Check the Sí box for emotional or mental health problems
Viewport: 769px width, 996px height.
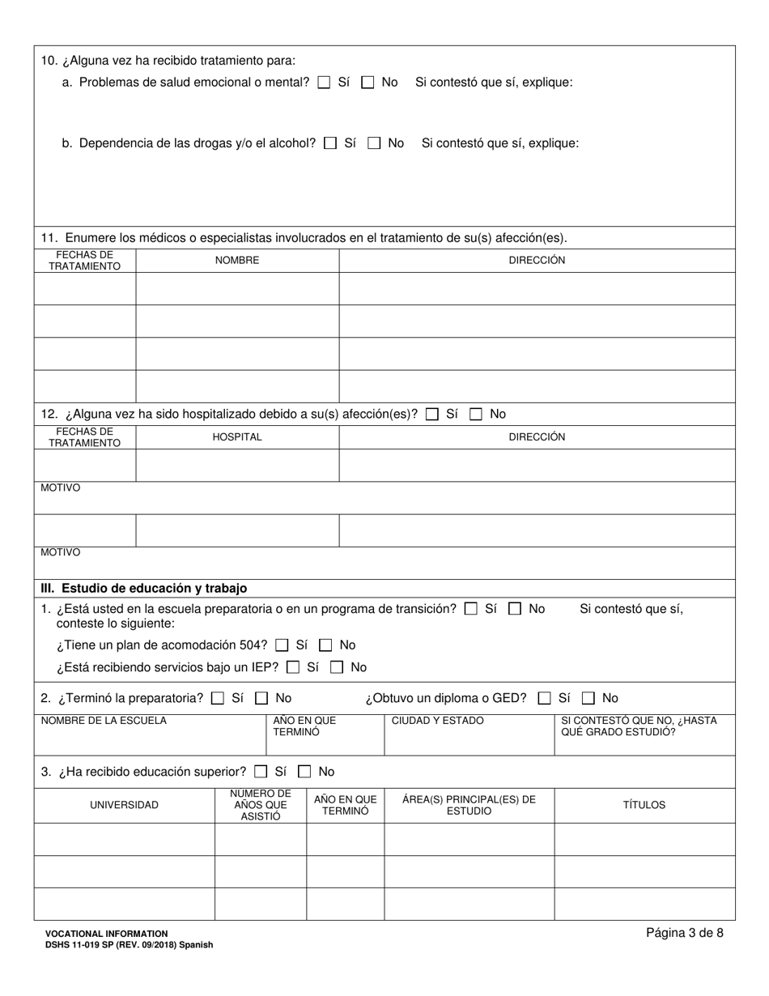point(324,83)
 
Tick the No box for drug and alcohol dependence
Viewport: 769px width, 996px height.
point(374,143)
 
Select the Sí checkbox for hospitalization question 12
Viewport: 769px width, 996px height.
point(432,415)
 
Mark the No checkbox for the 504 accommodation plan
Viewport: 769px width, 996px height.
point(325,645)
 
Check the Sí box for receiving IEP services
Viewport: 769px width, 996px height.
point(293,668)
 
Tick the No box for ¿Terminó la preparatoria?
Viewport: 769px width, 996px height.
point(261,698)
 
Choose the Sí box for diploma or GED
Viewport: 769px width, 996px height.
point(545,698)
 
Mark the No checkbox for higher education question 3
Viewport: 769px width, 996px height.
point(304,772)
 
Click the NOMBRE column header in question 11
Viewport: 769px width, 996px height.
point(236,261)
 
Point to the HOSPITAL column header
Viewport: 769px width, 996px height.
point(236,437)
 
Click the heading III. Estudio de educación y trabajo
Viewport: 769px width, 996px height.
point(144,589)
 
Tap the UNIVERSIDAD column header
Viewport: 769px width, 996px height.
point(124,806)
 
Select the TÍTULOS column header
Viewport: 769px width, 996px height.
point(644,806)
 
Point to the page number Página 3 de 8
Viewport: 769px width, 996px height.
point(684,933)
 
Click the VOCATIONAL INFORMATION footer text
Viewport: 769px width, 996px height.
point(106,934)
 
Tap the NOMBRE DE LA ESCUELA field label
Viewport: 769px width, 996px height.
point(104,721)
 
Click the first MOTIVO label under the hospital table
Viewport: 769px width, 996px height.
point(61,489)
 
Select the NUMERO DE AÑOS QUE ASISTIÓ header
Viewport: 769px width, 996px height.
point(260,806)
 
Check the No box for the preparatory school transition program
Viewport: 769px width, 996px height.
point(515,609)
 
